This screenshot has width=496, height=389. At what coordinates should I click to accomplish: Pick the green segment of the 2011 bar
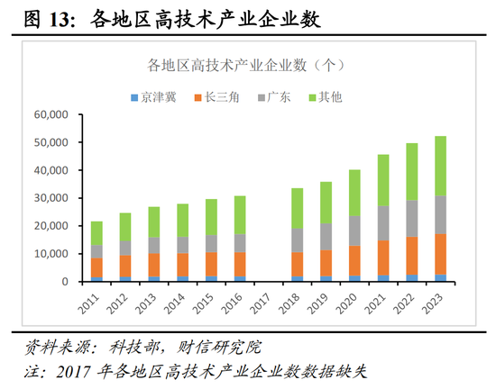pyautogui.click(x=96, y=233)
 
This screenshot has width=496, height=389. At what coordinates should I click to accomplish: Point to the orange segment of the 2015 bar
pyautogui.click(x=211, y=264)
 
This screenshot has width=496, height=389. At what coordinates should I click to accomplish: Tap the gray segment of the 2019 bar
pyautogui.click(x=326, y=237)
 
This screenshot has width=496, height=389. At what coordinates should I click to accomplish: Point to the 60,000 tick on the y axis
pyautogui.click(x=53, y=115)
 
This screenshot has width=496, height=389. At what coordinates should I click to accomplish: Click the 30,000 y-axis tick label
pyautogui.click(x=53, y=198)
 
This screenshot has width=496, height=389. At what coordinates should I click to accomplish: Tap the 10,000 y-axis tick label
pyautogui.click(x=53, y=254)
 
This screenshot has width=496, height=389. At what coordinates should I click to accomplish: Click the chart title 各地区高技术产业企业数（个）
pyautogui.click(x=247, y=66)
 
